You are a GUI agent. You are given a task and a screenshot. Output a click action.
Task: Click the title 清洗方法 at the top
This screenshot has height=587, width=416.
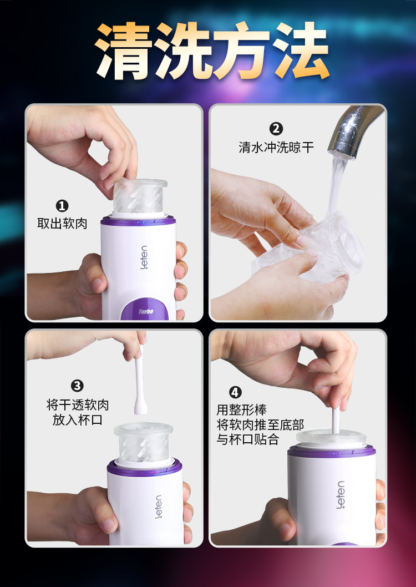pos(212,50)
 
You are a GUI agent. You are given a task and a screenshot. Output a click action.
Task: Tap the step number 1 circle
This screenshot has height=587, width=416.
pos(62,206)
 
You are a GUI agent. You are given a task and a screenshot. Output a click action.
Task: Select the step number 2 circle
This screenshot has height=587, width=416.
pos(276,129)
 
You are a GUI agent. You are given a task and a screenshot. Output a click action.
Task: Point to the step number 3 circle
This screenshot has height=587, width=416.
pos(77,386)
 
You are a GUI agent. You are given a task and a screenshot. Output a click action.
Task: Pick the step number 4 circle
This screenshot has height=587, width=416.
pos(235,392)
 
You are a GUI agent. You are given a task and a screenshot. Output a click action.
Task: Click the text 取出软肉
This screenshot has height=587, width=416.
pos(62,224)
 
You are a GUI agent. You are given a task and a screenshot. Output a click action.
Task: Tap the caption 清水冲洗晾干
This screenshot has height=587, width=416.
pos(276,147)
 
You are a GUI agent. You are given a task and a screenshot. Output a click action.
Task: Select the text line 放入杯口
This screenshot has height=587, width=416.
pos(78,419)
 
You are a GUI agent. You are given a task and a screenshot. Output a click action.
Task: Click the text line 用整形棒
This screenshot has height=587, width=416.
pos(241,411)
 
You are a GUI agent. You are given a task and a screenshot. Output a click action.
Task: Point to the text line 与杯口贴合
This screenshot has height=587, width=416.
pos(247,439)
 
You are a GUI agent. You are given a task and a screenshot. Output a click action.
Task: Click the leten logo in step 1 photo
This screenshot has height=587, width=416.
pos(144,257)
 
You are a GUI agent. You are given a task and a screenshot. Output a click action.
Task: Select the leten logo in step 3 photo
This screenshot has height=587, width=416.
pos(159,507)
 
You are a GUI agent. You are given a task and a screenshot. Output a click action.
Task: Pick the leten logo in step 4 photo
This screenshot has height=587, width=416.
pos(341,495)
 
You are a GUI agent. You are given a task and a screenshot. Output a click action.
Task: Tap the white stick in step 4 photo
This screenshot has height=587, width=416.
pos(336,420)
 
